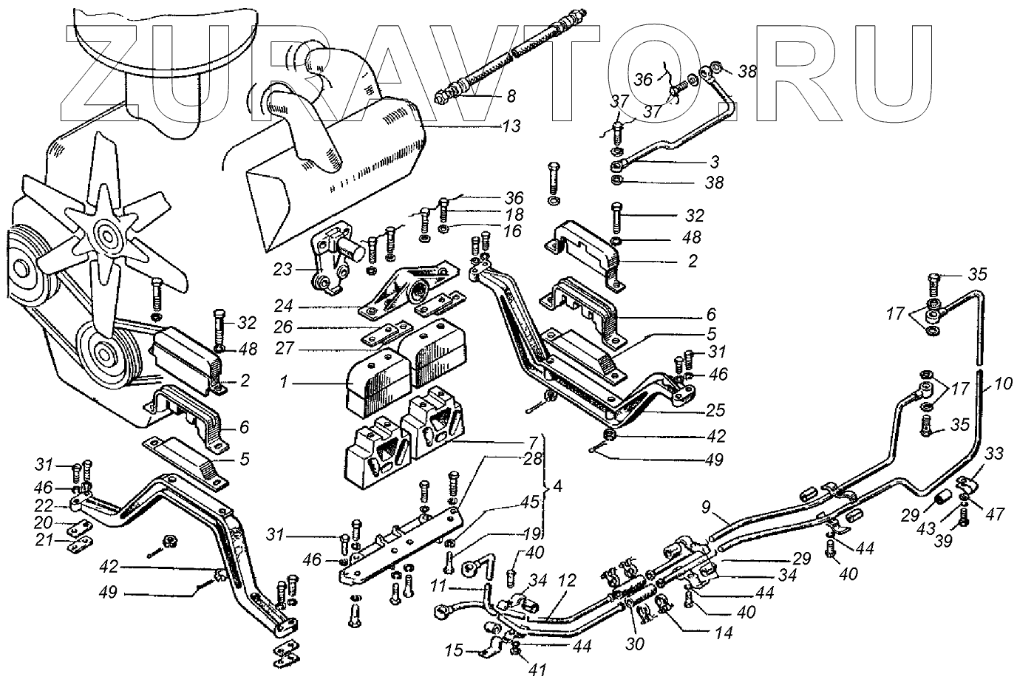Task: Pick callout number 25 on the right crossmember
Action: click(x=715, y=410)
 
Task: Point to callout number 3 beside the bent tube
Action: click(x=714, y=160)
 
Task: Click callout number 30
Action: click(x=635, y=644)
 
